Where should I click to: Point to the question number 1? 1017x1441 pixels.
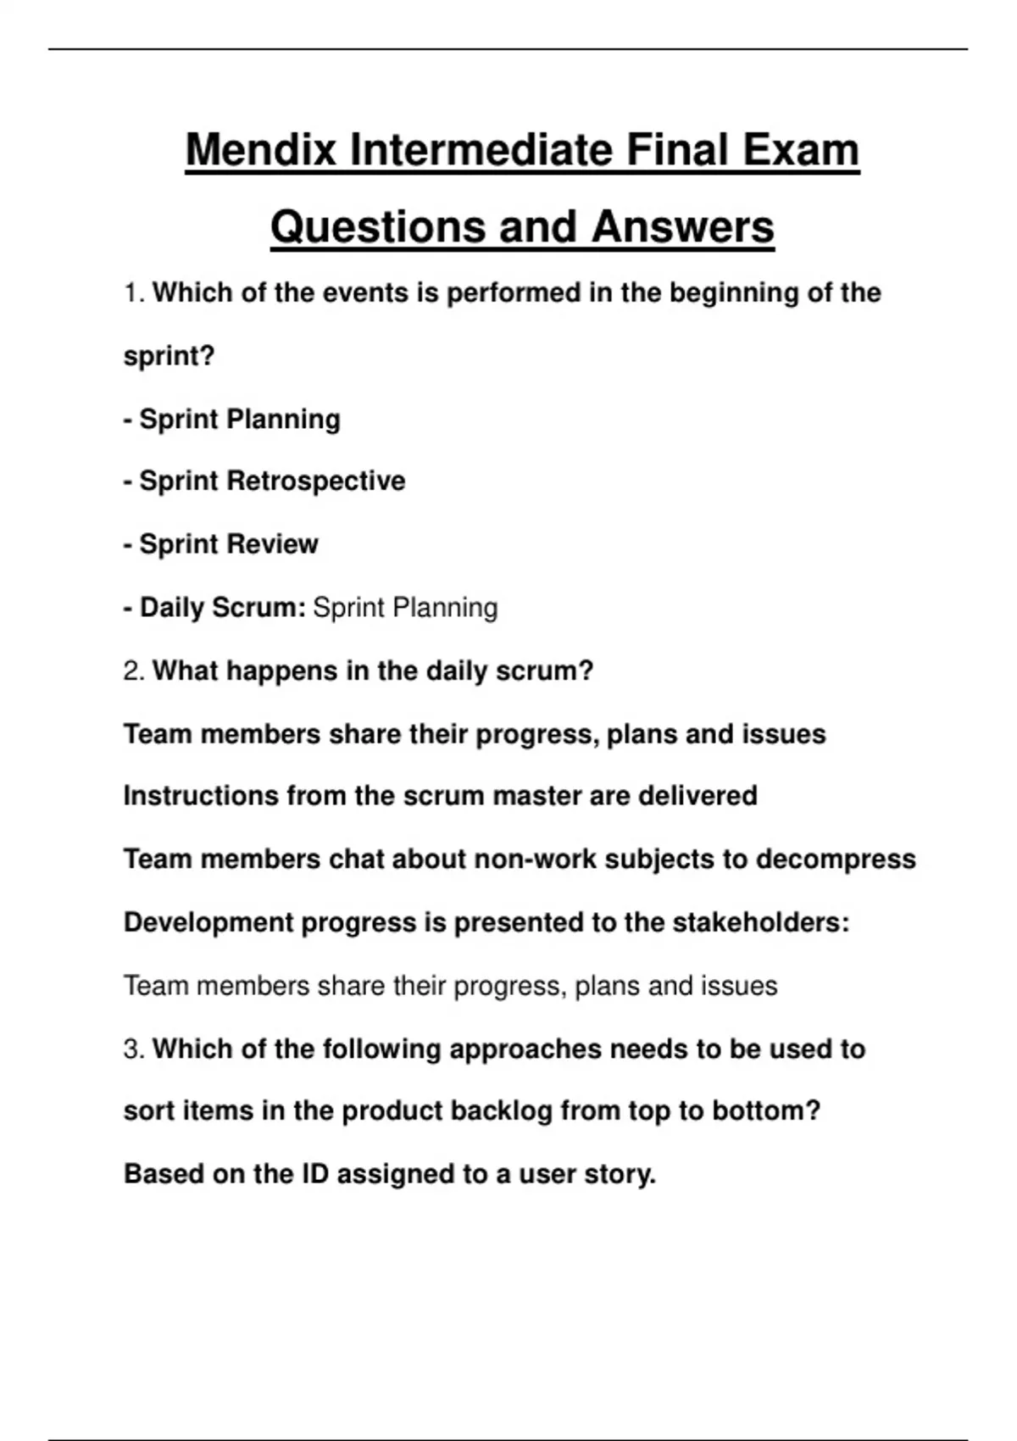click(x=133, y=293)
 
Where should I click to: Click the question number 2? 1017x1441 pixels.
click(x=133, y=671)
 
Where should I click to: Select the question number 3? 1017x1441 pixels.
click(x=133, y=1049)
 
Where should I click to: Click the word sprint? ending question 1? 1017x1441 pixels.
click(x=169, y=356)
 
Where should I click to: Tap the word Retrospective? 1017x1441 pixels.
click(x=316, y=481)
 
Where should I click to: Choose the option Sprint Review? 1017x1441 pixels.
click(x=229, y=544)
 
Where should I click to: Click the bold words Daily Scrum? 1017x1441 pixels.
click(x=222, y=608)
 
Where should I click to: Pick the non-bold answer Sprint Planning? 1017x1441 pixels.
click(x=405, y=608)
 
